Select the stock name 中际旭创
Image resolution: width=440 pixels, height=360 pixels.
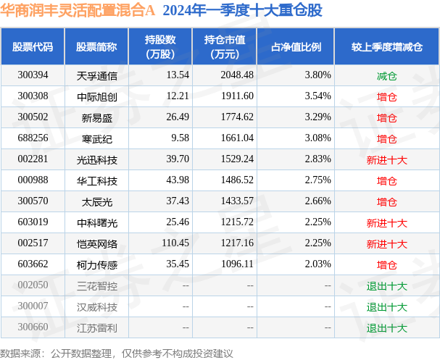(91, 96)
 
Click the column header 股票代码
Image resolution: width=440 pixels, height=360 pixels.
(33, 46)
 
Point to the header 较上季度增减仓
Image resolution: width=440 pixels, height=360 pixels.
(386, 46)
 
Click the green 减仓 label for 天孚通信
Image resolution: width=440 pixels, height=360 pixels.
(386, 75)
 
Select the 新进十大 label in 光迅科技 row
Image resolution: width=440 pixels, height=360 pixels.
(386, 159)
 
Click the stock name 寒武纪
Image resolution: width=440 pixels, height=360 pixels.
(91, 138)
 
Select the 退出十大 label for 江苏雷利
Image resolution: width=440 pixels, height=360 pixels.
(386, 327)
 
